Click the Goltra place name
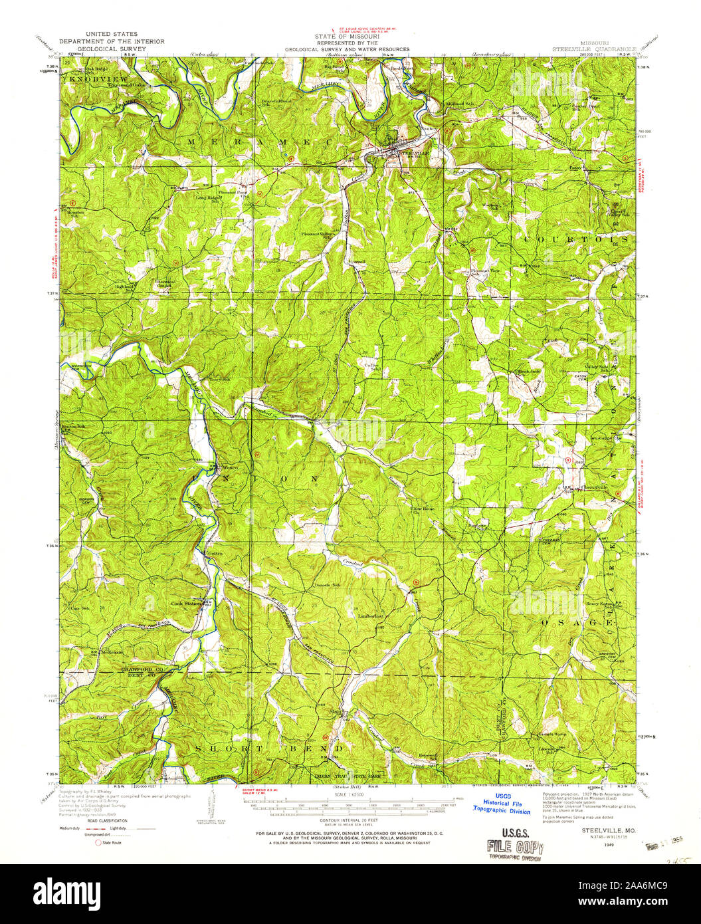coord(214,554)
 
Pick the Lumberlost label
coord(371,616)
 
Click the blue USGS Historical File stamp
coord(502,804)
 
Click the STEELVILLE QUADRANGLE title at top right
coord(595,49)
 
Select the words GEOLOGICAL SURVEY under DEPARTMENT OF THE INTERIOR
coord(107,49)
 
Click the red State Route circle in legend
coord(98,842)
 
